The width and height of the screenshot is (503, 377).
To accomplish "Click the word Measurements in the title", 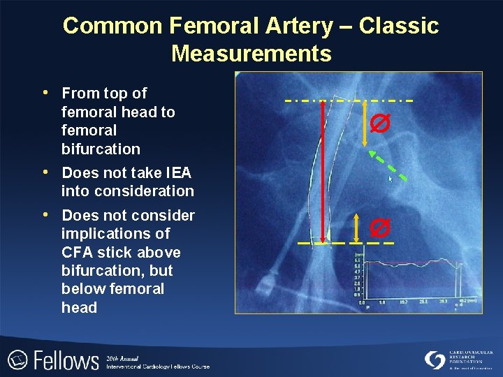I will tap(251, 53).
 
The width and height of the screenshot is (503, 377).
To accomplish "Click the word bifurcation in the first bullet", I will tap(101, 149).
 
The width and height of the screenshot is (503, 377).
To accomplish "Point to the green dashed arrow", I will tap(388, 165).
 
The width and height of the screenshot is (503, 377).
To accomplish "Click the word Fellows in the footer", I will tap(66, 360).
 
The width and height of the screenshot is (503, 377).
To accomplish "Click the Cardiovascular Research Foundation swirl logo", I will tap(435, 360).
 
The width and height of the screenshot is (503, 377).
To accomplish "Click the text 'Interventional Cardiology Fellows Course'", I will tap(157, 367).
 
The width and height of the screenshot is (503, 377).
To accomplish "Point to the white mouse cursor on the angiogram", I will tap(391, 179).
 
